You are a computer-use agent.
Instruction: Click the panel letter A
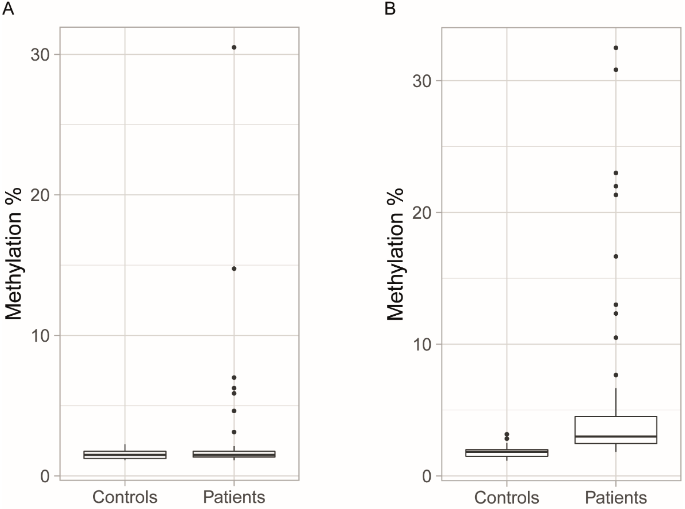[x=8, y=9]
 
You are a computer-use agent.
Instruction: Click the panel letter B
[x=390, y=9]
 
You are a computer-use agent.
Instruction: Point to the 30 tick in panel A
[x=40, y=55]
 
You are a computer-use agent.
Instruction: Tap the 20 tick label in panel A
[x=40, y=195]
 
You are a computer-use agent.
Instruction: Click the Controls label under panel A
[x=125, y=497]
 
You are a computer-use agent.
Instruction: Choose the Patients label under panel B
[x=616, y=497]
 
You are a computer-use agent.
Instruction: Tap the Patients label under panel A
[x=234, y=497]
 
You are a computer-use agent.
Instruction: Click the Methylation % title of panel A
[x=14, y=254]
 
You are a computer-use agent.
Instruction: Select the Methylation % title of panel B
[x=395, y=254]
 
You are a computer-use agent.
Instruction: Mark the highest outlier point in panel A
[x=234, y=47]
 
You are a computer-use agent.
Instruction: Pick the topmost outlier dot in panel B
[x=616, y=48]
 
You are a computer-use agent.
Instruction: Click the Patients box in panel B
[x=616, y=430]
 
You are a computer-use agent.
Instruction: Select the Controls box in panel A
[x=125, y=455]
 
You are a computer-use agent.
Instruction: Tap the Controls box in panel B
[x=507, y=453]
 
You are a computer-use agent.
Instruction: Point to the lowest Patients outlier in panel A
[x=234, y=432]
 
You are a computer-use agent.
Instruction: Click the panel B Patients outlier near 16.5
[x=616, y=256]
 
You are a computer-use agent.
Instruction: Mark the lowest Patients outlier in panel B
[x=616, y=375]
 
